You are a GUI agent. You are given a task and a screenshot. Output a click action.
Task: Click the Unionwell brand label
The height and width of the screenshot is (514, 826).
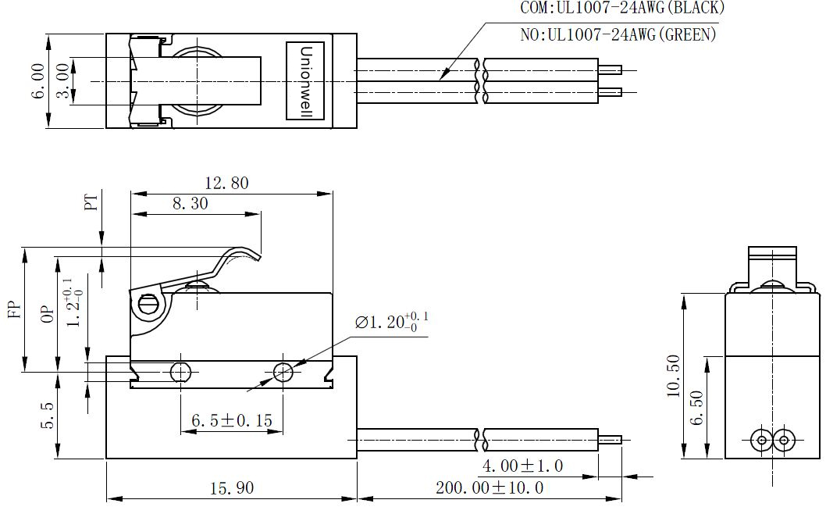click(x=306, y=80)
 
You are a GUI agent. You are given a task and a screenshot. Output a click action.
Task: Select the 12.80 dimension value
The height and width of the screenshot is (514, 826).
click(x=226, y=183)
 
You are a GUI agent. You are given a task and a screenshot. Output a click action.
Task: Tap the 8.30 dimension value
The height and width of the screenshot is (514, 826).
click(x=190, y=204)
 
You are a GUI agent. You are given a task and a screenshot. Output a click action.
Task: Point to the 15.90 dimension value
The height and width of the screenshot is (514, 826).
click(x=232, y=488)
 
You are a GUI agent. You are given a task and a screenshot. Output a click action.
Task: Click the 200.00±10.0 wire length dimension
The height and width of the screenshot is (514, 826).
click(x=490, y=487)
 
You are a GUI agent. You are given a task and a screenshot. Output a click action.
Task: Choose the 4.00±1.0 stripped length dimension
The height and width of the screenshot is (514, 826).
click(x=522, y=466)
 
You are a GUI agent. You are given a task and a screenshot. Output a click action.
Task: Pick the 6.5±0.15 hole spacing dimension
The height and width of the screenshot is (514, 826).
click(x=232, y=421)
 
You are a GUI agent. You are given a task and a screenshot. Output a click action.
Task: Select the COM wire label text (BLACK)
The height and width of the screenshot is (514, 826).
click(x=622, y=8)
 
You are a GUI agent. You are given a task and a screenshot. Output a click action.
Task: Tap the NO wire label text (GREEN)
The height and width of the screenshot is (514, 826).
click(x=618, y=35)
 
